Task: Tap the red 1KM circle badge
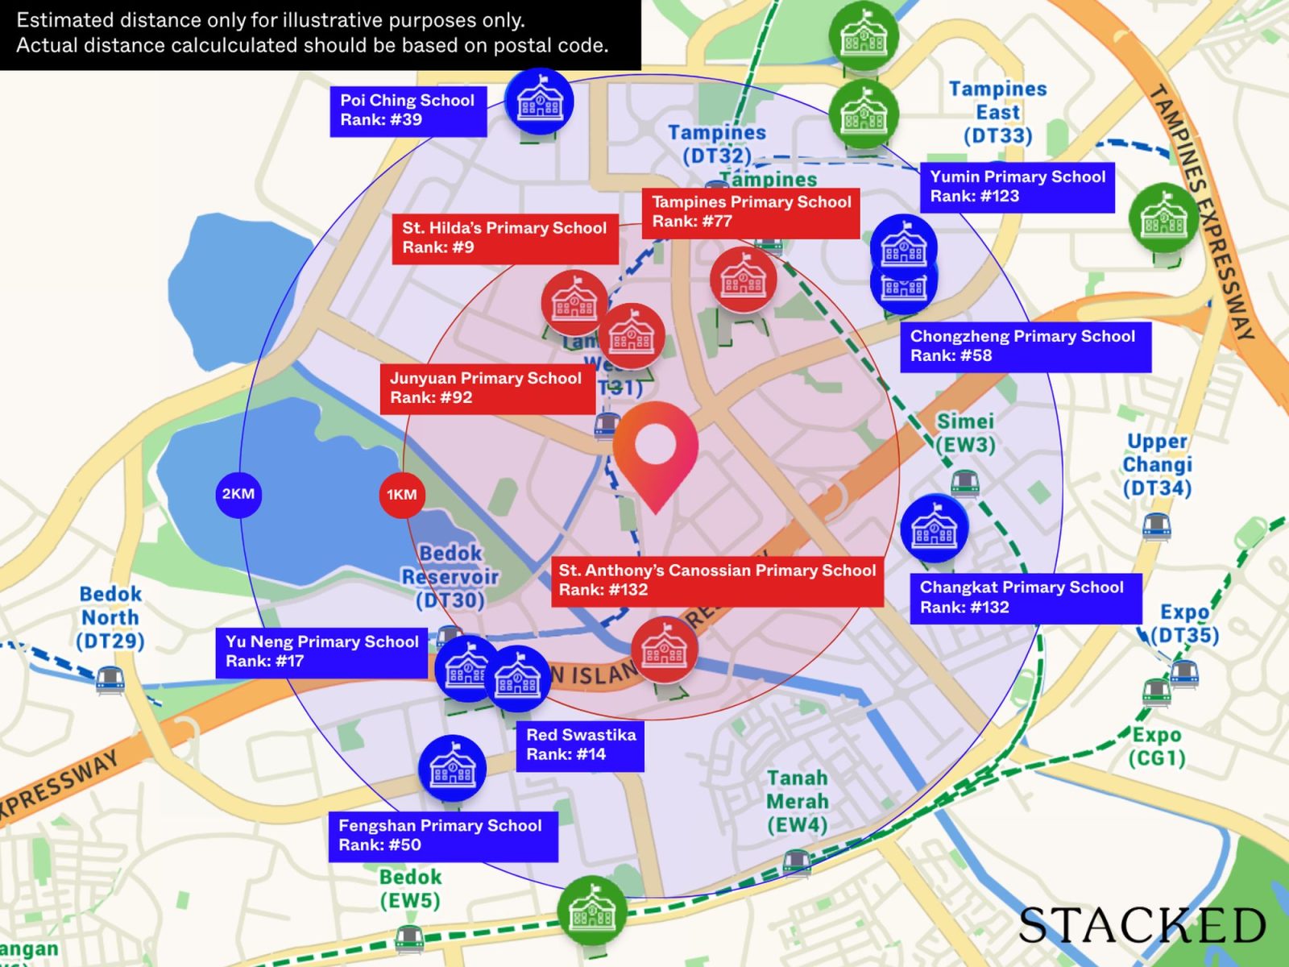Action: click(x=401, y=494)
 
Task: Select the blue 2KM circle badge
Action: click(x=238, y=494)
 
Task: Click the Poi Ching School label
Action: click(x=408, y=110)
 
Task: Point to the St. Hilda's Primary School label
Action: click(x=505, y=238)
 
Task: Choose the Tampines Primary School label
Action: click(x=751, y=212)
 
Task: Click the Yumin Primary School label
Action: click(x=1017, y=187)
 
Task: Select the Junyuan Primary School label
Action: click(x=487, y=388)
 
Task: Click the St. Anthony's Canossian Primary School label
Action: click(x=717, y=580)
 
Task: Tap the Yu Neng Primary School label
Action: click(x=321, y=651)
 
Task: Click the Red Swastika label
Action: click(x=580, y=745)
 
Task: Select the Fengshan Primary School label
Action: click(x=441, y=835)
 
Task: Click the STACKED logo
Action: click(x=1142, y=925)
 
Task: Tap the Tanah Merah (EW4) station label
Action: click(x=797, y=802)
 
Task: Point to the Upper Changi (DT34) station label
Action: click(x=1157, y=465)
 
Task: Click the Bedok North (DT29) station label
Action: click(x=110, y=618)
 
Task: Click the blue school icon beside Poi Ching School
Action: click(x=539, y=102)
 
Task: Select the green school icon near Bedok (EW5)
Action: click(x=592, y=911)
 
